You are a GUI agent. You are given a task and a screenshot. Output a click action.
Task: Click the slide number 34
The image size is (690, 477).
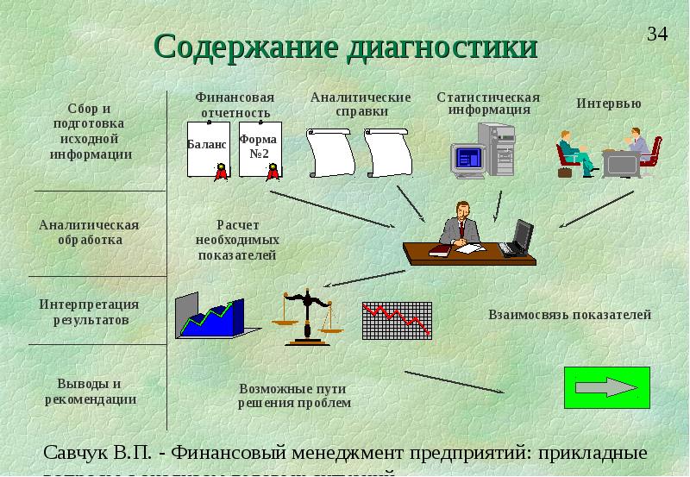657,35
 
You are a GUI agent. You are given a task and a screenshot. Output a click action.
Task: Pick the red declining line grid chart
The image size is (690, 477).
397,320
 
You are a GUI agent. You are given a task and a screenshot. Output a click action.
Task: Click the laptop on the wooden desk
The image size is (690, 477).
517,238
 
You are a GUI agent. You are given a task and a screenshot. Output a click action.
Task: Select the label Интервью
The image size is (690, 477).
609,104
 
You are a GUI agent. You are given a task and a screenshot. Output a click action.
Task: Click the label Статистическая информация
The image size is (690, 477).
488,104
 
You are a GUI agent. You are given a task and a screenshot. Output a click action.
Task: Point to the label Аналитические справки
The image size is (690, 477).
361,104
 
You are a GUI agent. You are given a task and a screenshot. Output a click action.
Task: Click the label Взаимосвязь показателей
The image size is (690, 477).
569,315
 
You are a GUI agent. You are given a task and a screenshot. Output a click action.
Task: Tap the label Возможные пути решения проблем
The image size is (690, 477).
295,395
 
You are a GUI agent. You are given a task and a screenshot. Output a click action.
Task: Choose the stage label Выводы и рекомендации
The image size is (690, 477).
91,391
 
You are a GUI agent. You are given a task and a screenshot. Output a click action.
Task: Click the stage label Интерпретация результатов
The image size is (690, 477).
89,311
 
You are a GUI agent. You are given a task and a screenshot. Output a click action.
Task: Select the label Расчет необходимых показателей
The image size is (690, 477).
237,240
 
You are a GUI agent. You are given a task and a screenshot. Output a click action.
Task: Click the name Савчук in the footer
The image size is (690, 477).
78,453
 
